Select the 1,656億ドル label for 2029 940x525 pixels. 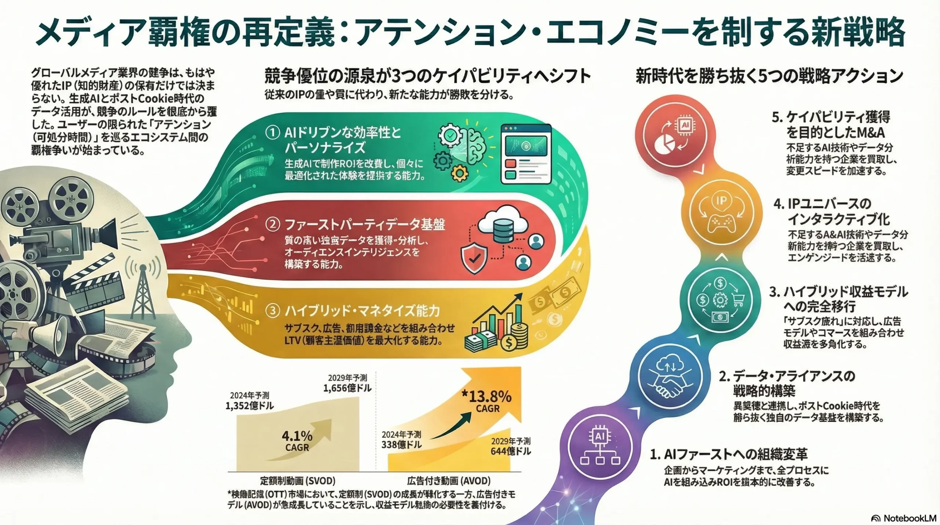[347, 388]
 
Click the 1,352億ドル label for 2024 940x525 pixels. [249, 406]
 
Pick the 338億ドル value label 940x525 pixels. [401, 445]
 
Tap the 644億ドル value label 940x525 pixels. [511, 451]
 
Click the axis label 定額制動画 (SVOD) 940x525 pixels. [297, 481]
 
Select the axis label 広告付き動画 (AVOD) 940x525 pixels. [449, 481]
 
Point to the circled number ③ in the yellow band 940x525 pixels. [272, 311]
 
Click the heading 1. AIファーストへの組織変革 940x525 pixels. [728, 455]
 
